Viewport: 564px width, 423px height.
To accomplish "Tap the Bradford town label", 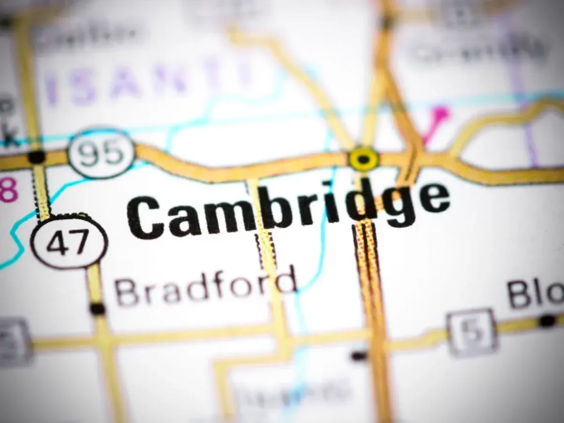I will tap(205, 287).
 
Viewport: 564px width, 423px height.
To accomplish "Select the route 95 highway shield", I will tap(102, 153).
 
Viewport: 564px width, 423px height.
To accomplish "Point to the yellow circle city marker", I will tap(363, 159).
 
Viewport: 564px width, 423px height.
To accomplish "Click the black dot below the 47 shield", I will tap(97, 309).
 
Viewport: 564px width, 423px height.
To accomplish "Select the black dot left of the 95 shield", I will tap(36, 157).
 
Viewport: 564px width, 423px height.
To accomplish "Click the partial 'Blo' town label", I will tap(536, 294).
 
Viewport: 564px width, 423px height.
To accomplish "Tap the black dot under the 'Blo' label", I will tap(547, 321).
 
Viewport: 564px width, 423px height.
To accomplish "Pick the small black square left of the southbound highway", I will tap(359, 356).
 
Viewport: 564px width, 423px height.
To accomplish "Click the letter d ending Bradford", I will tap(286, 281).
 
